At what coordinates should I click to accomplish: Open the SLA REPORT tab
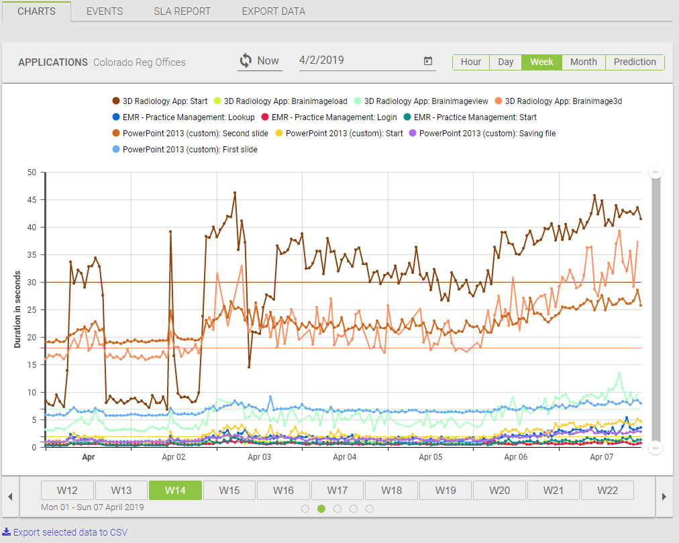coord(182,11)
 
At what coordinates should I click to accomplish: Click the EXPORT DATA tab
coord(273,11)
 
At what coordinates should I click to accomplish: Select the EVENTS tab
coord(105,11)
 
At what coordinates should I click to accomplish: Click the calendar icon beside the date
coord(428,61)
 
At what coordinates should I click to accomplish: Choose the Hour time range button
coord(471,62)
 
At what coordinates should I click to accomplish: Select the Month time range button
coord(583,62)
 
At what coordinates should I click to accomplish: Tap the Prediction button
coord(635,62)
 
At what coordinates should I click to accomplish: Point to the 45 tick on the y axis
coord(31,200)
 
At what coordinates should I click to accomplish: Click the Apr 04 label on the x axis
coord(345,457)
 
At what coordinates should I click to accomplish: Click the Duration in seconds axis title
coord(17,309)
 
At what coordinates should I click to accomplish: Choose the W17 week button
coord(337,491)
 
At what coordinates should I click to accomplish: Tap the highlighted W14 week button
coord(175,491)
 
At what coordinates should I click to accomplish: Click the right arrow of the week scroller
coord(664,496)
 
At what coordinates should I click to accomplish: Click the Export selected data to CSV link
coord(70,532)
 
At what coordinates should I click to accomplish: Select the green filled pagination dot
coord(321,509)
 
